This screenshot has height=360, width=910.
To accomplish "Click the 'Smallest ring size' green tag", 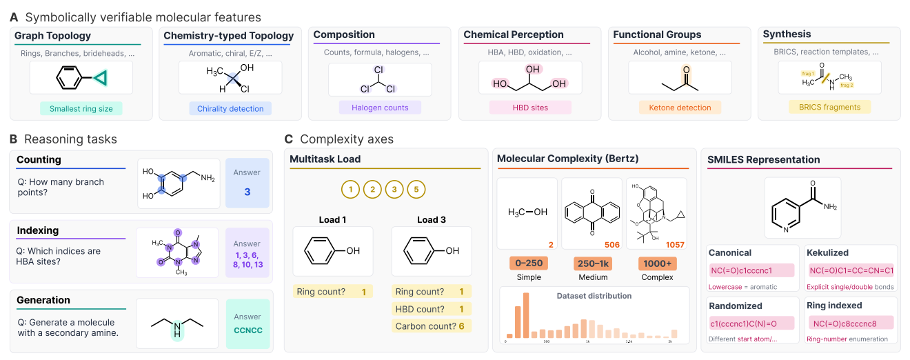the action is pyautogui.click(x=81, y=108).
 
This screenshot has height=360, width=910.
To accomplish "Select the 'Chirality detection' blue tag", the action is pyautogui.click(x=230, y=108).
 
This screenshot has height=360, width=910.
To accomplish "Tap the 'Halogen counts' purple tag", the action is pyautogui.click(x=380, y=108).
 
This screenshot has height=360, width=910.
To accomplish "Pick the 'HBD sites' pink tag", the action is pyautogui.click(x=529, y=108).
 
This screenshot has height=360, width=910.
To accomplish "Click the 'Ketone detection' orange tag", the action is pyautogui.click(x=680, y=108).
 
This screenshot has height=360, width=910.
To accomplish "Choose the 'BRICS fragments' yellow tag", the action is pyautogui.click(x=829, y=107).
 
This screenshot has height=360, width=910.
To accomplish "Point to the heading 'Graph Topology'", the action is pyautogui.click(x=52, y=36).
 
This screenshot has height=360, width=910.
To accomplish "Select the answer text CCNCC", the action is pyautogui.click(x=248, y=330).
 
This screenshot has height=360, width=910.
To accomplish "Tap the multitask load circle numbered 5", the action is pyautogui.click(x=416, y=189).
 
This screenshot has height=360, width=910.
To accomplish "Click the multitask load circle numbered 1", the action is pyautogui.click(x=350, y=189).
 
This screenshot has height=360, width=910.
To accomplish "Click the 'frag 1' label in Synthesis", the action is pyautogui.click(x=807, y=72).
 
